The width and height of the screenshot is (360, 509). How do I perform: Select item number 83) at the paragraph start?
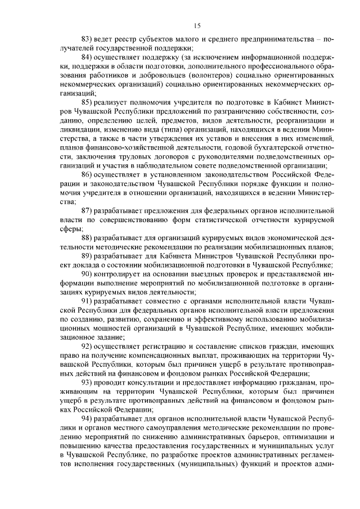point(88,40)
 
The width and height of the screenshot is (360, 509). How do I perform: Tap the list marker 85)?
point(88,102)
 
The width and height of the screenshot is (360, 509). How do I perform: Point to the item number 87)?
point(88,211)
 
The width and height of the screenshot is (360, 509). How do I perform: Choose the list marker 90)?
point(88,273)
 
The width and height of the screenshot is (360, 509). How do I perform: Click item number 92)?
point(88,345)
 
